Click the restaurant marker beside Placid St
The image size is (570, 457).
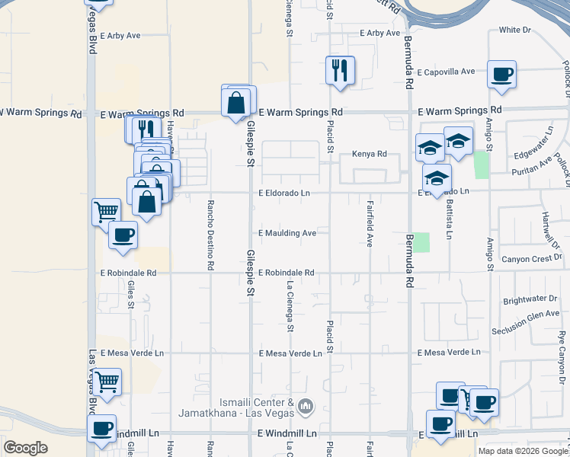click(339, 70)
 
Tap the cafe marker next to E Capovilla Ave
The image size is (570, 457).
click(501, 75)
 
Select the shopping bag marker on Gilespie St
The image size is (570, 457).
click(236, 101)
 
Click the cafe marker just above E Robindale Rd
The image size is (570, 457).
click(123, 235)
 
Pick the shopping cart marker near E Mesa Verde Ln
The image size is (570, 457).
click(107, 381)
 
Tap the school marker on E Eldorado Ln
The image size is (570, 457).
click(437, 178)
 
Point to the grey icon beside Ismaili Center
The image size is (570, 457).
click(306, 407)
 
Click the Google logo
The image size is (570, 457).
click(25, 447)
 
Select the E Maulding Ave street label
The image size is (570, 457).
click(287, 233)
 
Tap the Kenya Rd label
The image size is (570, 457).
click(370, 154)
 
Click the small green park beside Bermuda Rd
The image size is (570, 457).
click(421, 242)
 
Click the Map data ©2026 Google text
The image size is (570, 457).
click(523, 451)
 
